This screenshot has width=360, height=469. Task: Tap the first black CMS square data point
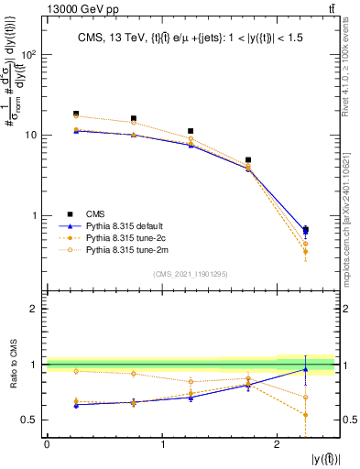tap(76, 114)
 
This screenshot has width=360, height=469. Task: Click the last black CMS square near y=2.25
tap(306, 230)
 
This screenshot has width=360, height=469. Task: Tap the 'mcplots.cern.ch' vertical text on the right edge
tap(353, 220)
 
